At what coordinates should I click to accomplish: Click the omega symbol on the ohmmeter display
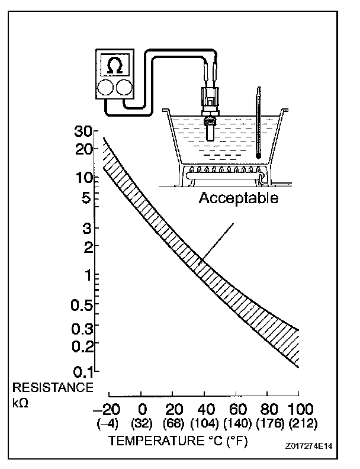[116, 66]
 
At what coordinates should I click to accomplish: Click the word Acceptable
[238, 198]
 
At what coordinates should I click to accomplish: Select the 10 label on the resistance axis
[86, 177]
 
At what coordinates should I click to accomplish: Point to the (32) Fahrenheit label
[142, 424]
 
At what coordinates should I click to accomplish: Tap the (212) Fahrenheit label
[299, 424]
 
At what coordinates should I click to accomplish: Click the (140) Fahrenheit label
[236, 424]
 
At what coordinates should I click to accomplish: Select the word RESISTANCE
[53, 388]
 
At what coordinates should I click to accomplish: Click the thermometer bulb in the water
[259, 155]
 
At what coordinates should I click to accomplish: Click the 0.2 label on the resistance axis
[83, 345]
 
